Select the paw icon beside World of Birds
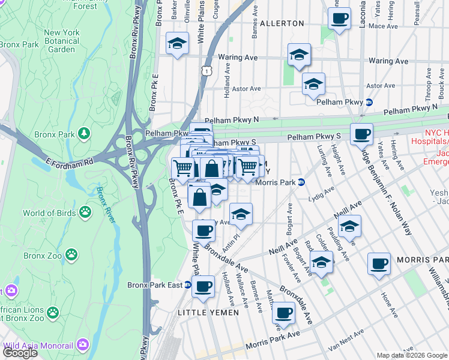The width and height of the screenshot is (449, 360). (86, 212)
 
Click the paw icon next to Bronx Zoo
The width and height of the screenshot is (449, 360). (71, 255)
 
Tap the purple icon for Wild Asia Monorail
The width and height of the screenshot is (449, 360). (82, 345)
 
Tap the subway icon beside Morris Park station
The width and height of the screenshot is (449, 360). (301, 182)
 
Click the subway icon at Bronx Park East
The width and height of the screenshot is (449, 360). (188, 285)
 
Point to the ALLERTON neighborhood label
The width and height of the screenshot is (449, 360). (283, 23)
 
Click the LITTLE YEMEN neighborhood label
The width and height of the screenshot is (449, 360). (208, 313)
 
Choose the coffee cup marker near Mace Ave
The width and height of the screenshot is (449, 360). (339, 18)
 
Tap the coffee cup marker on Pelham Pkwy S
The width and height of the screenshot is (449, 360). (361, 134)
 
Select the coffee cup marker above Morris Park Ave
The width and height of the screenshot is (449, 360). (283, 312)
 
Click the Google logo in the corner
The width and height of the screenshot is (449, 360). (20, 353)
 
